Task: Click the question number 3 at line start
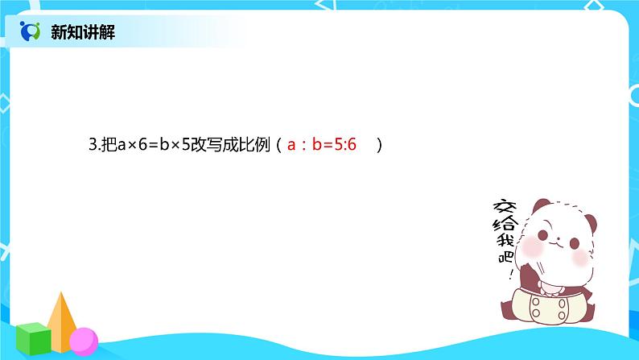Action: coord(92,147)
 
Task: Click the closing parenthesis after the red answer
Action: coord(378,147)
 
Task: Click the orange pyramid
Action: coord(61,319)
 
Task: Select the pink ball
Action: coord(83,341)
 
